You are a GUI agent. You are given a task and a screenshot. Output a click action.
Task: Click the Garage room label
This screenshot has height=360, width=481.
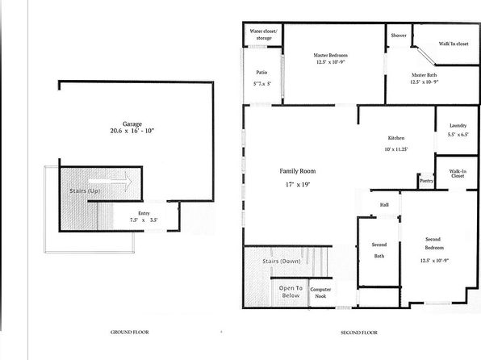click(132, 123)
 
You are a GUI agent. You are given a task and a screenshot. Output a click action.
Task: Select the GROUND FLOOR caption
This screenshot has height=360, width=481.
click(129, 333)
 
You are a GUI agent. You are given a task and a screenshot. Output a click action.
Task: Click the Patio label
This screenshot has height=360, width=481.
click(261, 72)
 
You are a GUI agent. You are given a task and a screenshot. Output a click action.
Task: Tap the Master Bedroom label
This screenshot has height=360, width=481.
click(331, 56)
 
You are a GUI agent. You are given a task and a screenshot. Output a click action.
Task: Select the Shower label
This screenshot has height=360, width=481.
click(399, 36)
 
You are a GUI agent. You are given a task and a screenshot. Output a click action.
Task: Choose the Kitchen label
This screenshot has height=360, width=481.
click(395, 139)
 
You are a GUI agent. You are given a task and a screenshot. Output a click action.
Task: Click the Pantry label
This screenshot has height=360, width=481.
click(427, 181)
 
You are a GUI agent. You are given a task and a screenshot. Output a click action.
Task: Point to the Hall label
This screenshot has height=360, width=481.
click(384, 205)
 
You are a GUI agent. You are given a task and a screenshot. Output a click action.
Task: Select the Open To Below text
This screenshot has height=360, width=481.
click(291, 291)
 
